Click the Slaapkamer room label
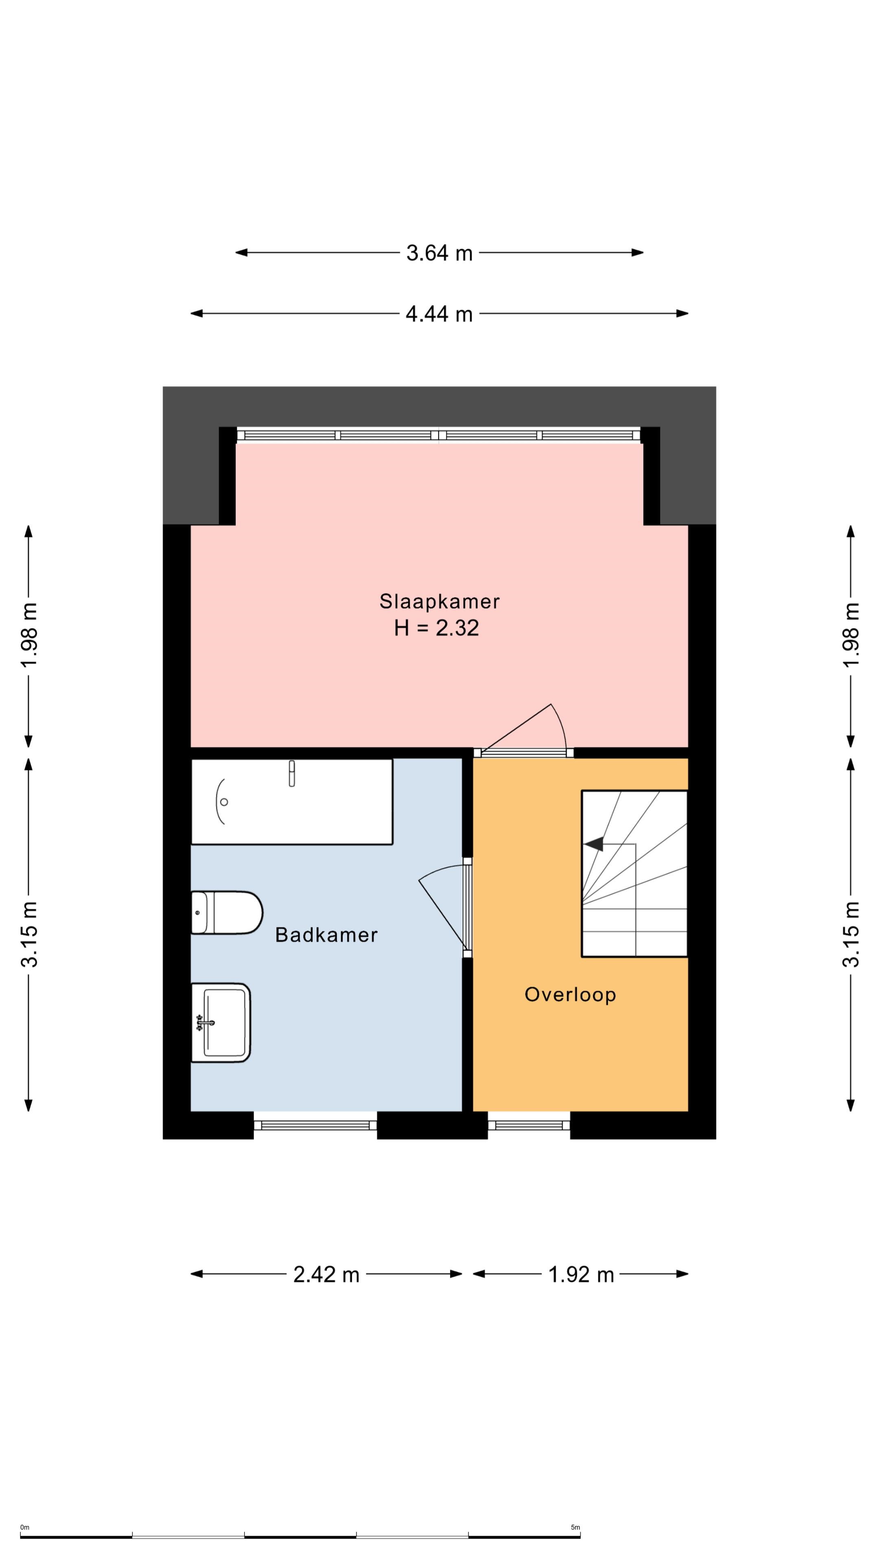click(439, 601)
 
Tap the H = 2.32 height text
click(436, 628)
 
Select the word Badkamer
click(326, 935)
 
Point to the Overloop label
click(570, 994)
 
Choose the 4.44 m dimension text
click(439, 314)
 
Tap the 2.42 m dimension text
click(326, 1275)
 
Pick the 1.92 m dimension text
click(581, 1275)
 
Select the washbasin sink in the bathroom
click(221, 1022)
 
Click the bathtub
click(292, 801)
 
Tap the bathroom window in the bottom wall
click(315, 1125)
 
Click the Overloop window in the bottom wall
click(529, 1125)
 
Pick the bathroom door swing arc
click(441, 871)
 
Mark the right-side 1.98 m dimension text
click(852, 635)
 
